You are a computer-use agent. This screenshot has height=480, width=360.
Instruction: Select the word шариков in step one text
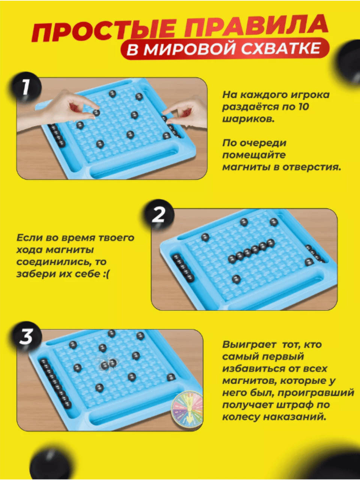(x=248, y=119)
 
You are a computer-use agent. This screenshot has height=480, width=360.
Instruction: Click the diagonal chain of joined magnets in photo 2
(x=251, y=251)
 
